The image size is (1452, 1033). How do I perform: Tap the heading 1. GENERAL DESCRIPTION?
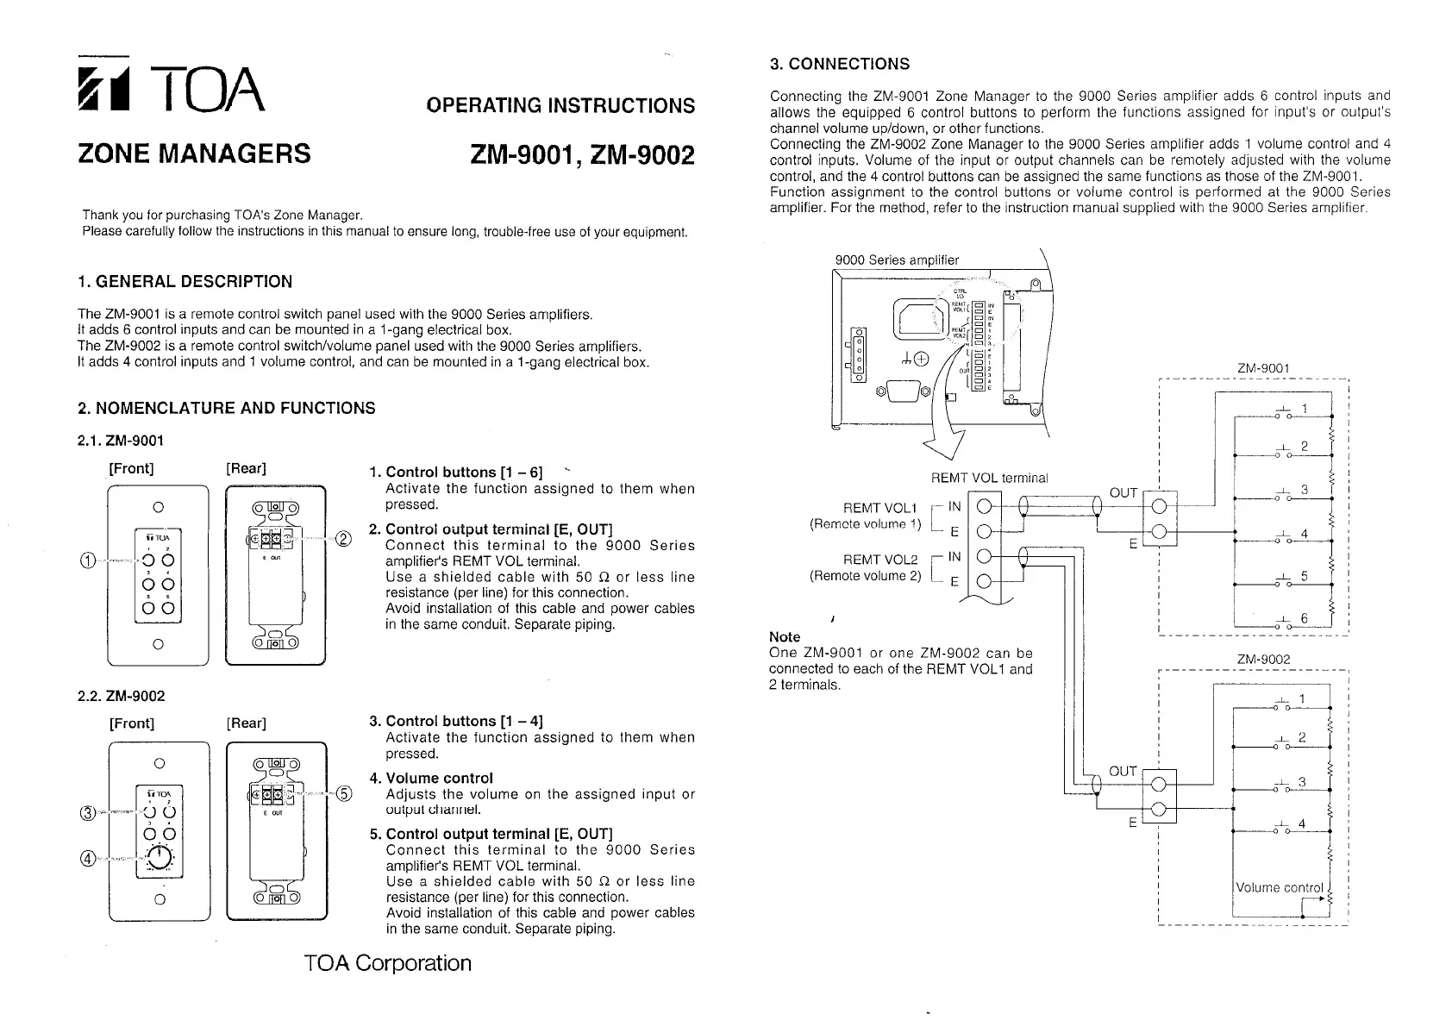pyautogui.click(x=185, y=282)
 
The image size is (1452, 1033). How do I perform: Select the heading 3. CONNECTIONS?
pyautogui.click(x=839, y=64)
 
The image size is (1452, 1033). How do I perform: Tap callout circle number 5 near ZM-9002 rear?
pyautogui.click(x=343, y=795)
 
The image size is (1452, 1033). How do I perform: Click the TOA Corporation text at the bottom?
pyautogui.click(x=388, y=963)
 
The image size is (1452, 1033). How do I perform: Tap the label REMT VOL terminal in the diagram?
pyautogui.click(x=990, y=478)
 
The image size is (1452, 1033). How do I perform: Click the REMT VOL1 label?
pyautogui.click(x=880, y=507)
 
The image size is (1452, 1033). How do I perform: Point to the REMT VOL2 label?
pyautogui.click(x=880, y=560)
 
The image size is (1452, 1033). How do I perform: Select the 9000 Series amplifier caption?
pyautogui.click(x=897, y=260)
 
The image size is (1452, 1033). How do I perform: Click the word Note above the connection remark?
pyautogui.click(x=784, y=637)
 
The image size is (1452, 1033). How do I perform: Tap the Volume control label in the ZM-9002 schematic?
pyautogui.click(x=1279, y=887)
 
